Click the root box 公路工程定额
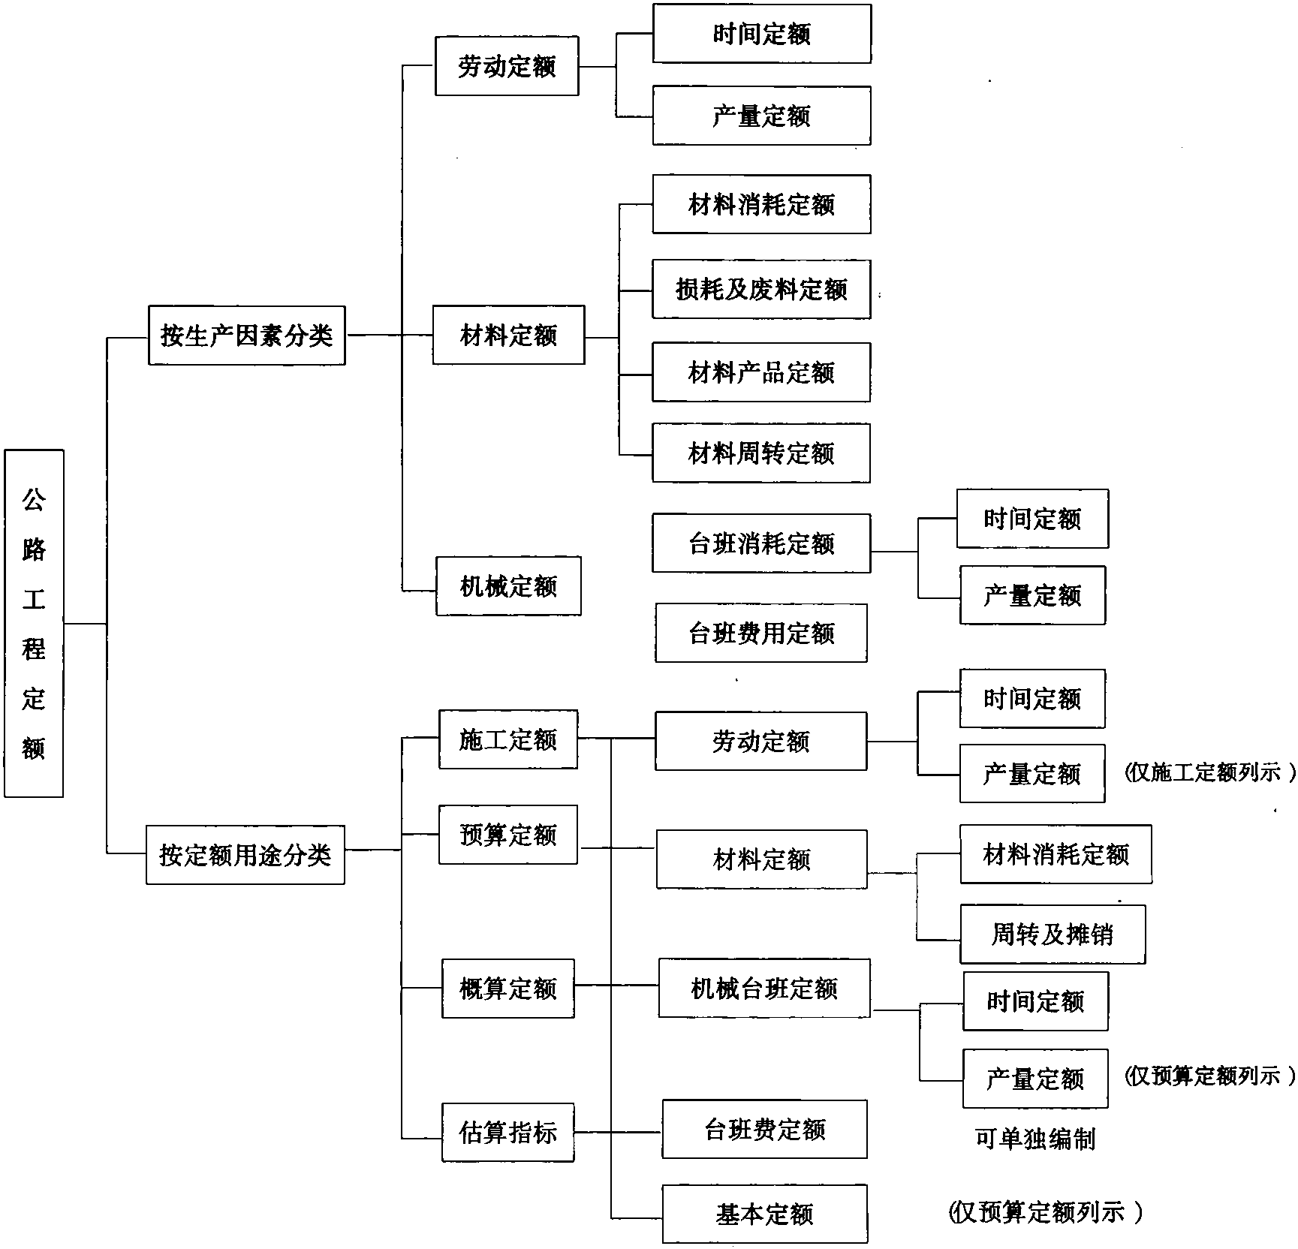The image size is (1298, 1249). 34,623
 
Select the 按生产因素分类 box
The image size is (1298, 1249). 247,336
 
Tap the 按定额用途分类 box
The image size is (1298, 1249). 245,855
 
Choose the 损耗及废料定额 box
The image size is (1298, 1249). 761,289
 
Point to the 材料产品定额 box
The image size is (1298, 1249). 761,372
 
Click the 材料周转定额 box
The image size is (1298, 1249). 761,453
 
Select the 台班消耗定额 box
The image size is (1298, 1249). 761,543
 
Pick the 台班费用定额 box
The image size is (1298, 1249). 761,633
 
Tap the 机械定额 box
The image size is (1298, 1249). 508,586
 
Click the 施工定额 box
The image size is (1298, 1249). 508,739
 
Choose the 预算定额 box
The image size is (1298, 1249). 508,835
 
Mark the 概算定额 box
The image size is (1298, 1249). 508,989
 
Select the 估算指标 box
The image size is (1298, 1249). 508,1133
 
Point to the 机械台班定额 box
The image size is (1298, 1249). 764,989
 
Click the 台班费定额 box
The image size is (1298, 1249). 764,1130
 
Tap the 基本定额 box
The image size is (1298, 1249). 764,1214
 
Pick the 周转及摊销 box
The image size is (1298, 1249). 1053,934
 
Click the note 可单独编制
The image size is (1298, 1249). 1035,1139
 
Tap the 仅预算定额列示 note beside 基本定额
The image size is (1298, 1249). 1046,1212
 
